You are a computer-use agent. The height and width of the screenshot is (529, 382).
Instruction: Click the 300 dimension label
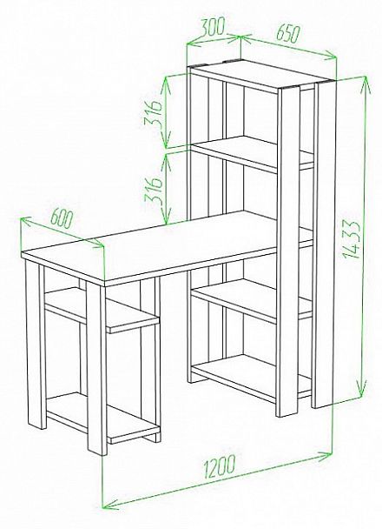point(212,27)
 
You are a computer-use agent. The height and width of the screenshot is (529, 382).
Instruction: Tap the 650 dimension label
point(287,33)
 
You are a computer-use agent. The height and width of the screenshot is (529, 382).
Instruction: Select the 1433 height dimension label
point(352,239)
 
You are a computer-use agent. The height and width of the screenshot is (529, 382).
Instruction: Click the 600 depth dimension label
point(62,219)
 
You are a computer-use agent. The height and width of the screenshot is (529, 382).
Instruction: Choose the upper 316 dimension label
point(154,113)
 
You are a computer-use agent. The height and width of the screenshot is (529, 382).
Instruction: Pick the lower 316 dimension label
point(154,190)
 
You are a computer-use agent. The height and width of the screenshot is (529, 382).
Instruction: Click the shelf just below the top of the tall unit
point(249,152)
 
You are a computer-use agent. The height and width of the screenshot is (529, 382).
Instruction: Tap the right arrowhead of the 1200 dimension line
point(324,457)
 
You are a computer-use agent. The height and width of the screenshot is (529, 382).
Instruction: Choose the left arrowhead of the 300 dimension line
point(194,44)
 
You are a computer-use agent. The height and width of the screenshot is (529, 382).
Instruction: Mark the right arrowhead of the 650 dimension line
point(329,56)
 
